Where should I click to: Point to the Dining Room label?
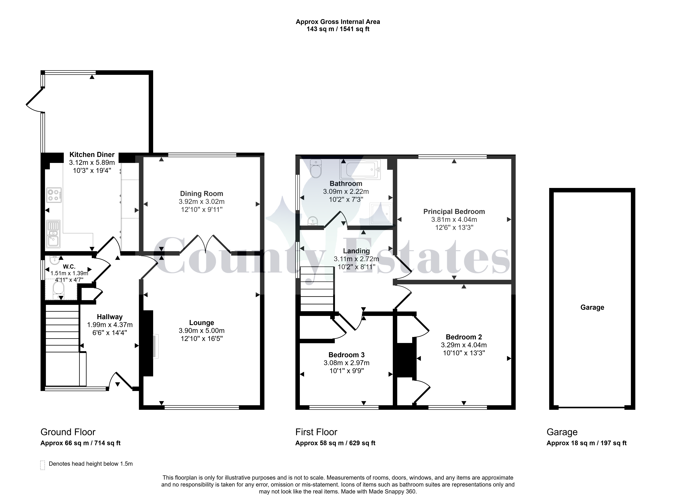click(x=202, y=194)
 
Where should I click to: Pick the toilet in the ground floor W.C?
click(x=58, y=290)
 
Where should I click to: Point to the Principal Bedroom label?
click(x=454, y=212)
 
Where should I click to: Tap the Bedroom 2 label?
click(x=464, y=337)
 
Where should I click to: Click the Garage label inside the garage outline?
click(x=592, y=308)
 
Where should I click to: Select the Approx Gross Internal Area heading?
click(x=338, y=22)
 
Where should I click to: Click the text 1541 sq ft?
click(x=355, y=29)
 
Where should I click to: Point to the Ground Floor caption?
click(x=68, y=432)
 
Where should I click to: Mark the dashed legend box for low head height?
click(x=43, y=465)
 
